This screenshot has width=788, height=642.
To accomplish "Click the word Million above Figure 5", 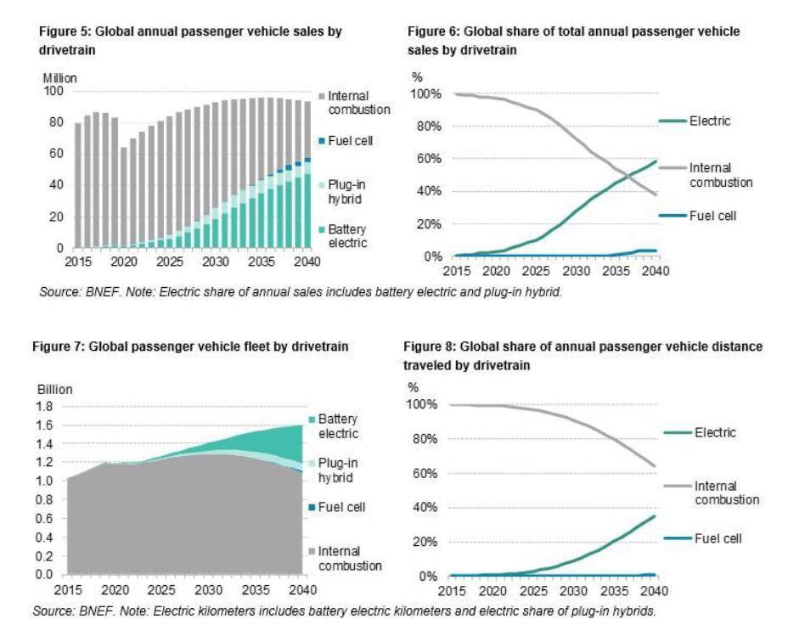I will tap(60, 78).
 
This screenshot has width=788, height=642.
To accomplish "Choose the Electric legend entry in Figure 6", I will tap(710, 121).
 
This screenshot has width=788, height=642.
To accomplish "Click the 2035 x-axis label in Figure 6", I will tap(614, 271).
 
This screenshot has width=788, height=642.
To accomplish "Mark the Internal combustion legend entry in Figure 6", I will tap(722, 175).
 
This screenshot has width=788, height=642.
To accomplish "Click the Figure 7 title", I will tap(190, 347).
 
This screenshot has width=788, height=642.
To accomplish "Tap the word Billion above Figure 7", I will tap(55, 390).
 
